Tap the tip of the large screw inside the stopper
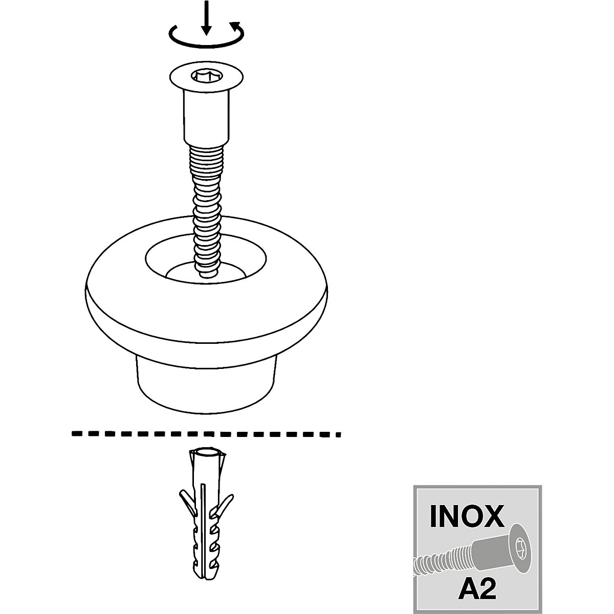pyautogui.click(x=207, y=273)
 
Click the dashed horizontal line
pyautogui.click(x=205, y=433)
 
